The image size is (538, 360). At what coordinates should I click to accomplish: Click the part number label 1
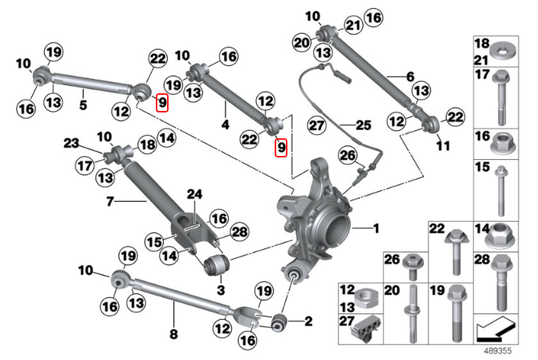pyautogui.click(x=375, y=230)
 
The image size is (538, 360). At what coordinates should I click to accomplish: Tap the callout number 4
pyautogui.click(x=226, y=125)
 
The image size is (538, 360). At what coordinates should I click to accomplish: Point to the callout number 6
pyautogui.click(x=410, y=77)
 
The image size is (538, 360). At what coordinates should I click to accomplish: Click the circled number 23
pyautogui.click(x=71, y=144)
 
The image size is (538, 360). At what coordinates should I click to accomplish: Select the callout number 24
pyautogui.click(x=194, y=193)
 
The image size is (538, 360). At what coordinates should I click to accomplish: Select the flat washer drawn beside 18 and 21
pyautogui.click(x=506, y=47)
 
